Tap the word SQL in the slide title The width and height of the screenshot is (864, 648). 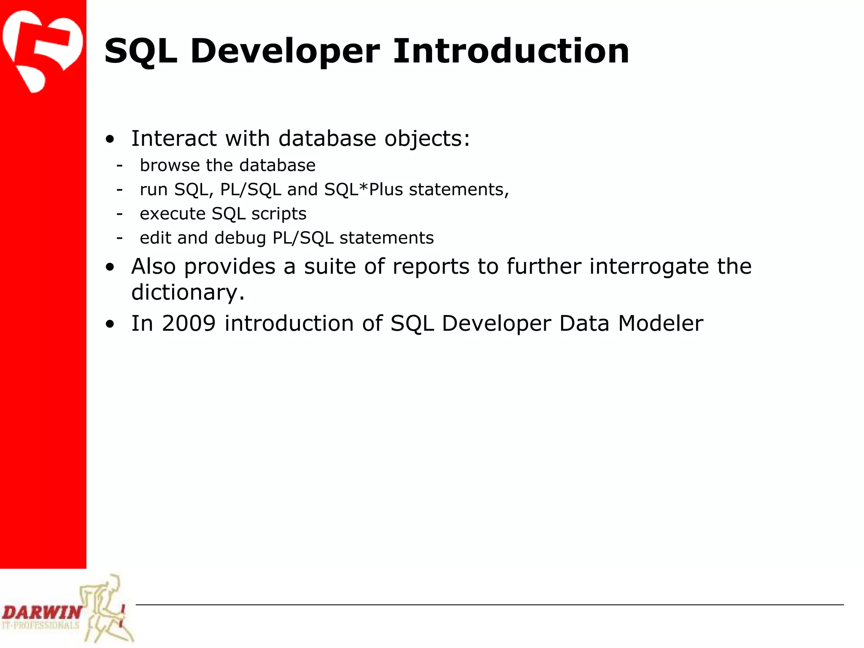coord(140,51)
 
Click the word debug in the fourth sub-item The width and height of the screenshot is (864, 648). coord(240,238)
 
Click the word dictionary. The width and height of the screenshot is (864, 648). coord(187,292)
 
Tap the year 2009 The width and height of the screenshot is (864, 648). coord(189,324)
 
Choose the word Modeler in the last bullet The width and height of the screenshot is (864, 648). coord(660,324)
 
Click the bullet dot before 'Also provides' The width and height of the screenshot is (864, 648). coord(110,267)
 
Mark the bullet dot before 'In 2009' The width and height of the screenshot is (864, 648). coord(110,324)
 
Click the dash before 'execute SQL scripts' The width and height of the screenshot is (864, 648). coord(120,214)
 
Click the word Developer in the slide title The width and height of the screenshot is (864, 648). coord(285,51)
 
